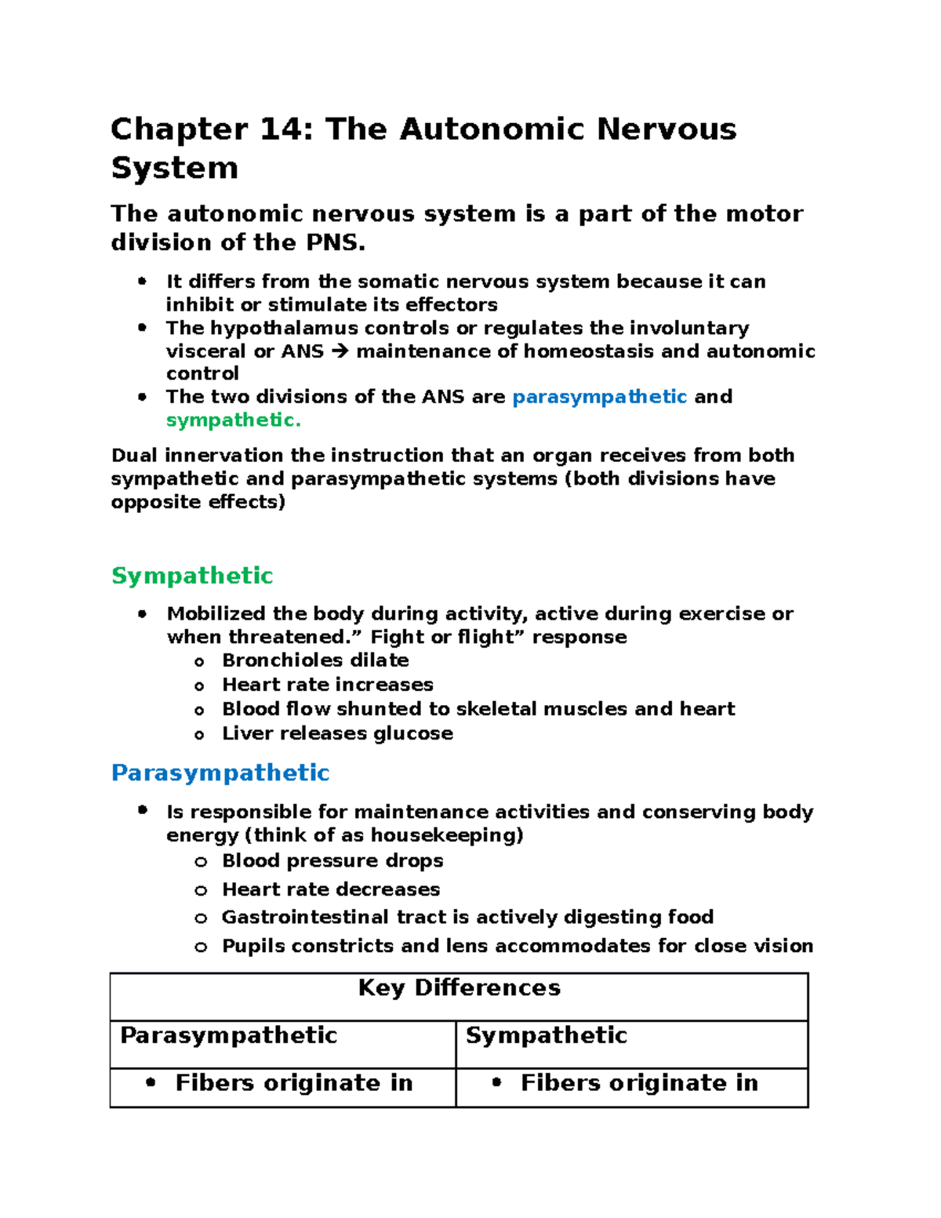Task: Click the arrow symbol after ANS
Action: coord(340,351)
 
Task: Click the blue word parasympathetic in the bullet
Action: coord(599,398)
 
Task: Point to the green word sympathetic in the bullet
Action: coord(233,420)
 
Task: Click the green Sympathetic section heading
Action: coord(192,576)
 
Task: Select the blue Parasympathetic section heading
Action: coord(220,773)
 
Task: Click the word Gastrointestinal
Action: coord(305,918)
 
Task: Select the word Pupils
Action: coord(252,946)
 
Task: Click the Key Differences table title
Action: coord(459,988)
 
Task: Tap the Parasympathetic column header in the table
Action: coord(228,1036)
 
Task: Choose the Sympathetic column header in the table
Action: coord(546,1036)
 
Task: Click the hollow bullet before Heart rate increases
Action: coord(200,686)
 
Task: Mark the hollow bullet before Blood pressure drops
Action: coord(201,862)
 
